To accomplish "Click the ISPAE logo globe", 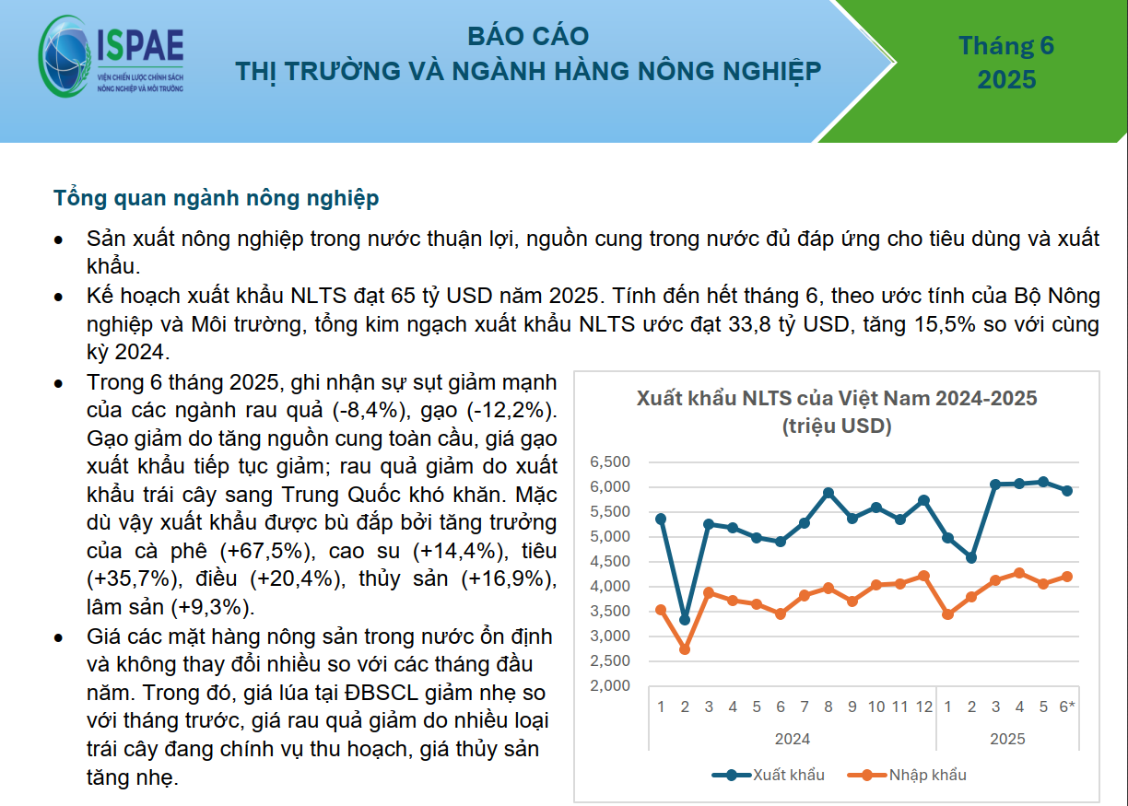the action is (x=65, y=56).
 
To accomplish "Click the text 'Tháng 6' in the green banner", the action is (x=1006, y=45).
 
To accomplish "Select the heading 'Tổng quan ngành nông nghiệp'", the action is (x=216, y=198).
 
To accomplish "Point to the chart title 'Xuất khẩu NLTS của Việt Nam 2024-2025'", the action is (x=837, y=398).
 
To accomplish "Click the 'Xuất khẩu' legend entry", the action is (x=768, y=775).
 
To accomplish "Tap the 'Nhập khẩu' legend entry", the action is (x=907, y=775).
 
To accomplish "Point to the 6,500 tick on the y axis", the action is (x=610, y=461).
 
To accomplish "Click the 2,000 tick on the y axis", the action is (x=610, y=685).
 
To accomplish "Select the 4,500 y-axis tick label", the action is (x=610, y=561).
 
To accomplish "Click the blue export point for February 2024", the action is (x=685, y=620).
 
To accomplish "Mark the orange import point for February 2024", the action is (x=685, y=648).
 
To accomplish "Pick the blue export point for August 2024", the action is (x=828, y=493).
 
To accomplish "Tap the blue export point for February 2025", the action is (x=971, y=557).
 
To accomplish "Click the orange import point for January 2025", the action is (x=947, y=614).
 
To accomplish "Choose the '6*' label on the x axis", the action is (x=1066, y=707).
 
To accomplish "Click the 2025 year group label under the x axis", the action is (x=1007, y=739).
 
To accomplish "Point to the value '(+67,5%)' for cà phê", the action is (x=267, y=551).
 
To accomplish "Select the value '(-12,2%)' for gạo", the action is (x=511, y=410).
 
